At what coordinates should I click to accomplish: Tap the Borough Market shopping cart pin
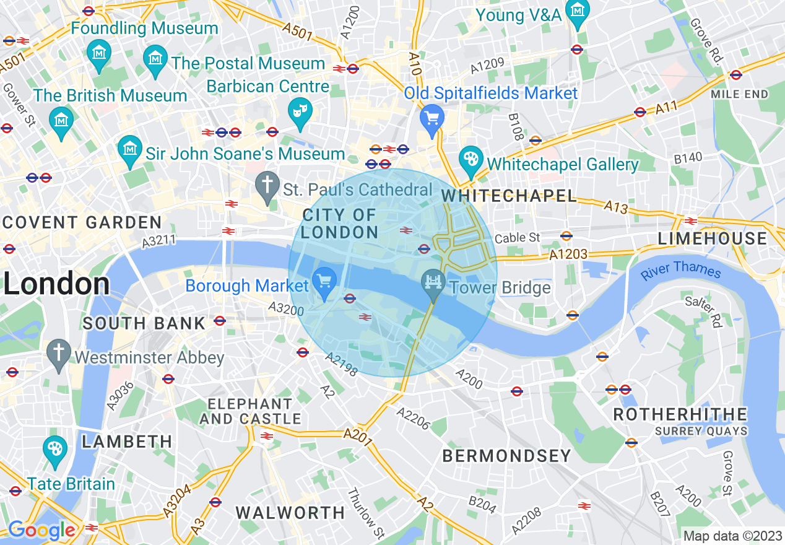click(324, 281)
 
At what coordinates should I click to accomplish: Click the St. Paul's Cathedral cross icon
click(267, 186)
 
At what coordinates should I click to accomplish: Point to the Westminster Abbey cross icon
click(59, 354)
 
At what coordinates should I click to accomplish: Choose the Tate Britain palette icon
click(56, 450)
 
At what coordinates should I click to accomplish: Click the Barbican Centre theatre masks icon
click(300, 112)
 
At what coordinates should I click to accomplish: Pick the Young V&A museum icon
click(578, 12)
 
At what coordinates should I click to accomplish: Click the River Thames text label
click(681, 271)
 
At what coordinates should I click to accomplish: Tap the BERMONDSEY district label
click(507, 456)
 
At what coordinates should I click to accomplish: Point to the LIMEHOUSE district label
click(712, 238)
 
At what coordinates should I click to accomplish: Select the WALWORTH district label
click(290, 513)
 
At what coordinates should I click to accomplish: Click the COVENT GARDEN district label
click(81, 222)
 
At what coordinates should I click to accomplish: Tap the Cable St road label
click(518, 238)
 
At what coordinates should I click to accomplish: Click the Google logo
click(41, 530)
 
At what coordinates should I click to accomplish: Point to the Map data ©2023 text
click(732, 536)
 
